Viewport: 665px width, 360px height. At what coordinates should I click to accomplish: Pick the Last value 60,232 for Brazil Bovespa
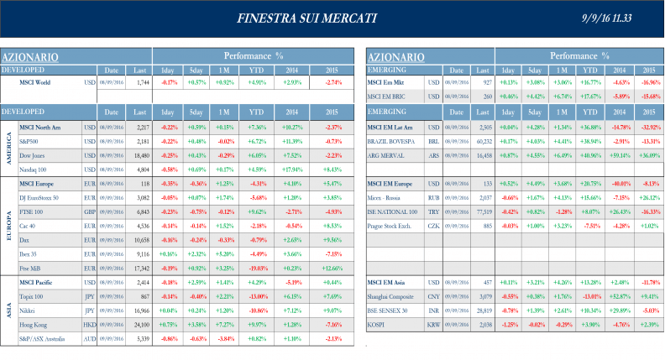tap(483, 140)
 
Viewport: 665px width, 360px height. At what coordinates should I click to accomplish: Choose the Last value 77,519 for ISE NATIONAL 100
tap(483, 211)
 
